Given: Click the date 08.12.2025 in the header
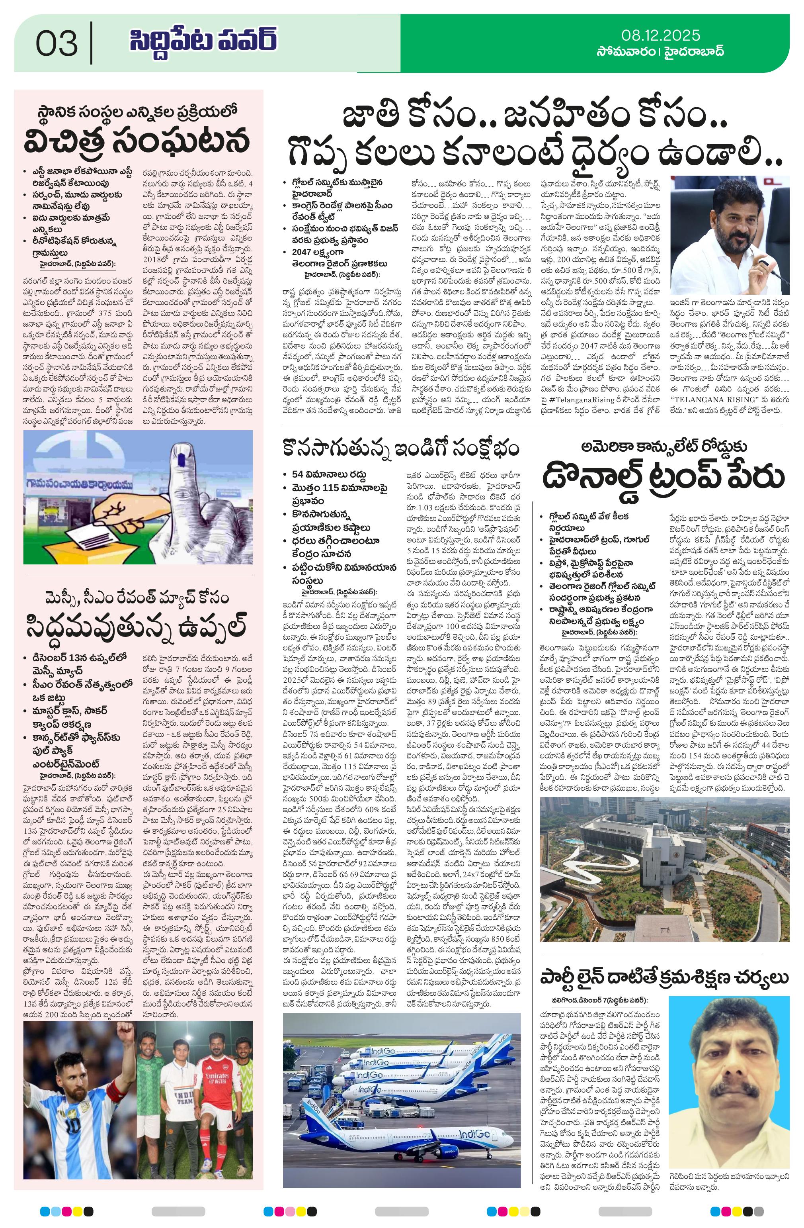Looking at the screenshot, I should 661,35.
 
